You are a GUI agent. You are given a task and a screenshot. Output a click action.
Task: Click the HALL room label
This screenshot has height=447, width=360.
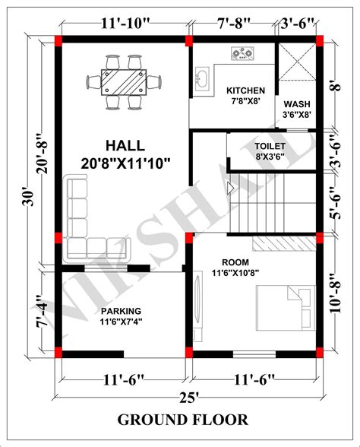pos(122,144)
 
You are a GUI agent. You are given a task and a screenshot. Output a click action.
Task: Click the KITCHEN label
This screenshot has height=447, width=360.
pos(245,90)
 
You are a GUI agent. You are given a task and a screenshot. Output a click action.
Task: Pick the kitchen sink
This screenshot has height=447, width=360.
pos(204,79)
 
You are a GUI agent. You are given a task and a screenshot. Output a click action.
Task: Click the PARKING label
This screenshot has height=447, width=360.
pos(120,310)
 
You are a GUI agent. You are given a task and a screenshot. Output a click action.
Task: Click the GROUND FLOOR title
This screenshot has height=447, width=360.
pos(182,420)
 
